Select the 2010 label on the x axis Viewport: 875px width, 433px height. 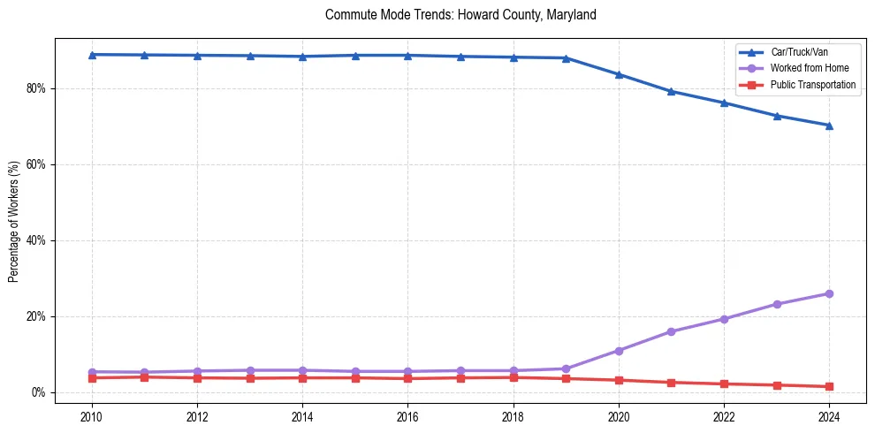click(92, 415)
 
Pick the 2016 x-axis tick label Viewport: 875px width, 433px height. click(407, 415)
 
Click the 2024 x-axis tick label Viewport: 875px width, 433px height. click(829, 415)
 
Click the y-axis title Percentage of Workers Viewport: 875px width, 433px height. click(14, 221)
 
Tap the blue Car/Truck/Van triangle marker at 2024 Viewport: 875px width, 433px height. click(829, 125)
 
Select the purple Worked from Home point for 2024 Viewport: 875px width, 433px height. click(829, 293)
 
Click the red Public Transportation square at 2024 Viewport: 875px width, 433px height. click(829, 386)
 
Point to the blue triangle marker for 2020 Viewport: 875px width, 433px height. click(619, 74)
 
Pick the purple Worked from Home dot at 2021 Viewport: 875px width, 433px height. click(671, 331)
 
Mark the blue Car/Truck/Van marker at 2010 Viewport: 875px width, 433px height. click(92, 55)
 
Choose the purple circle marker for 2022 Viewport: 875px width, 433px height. click(724, 319)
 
